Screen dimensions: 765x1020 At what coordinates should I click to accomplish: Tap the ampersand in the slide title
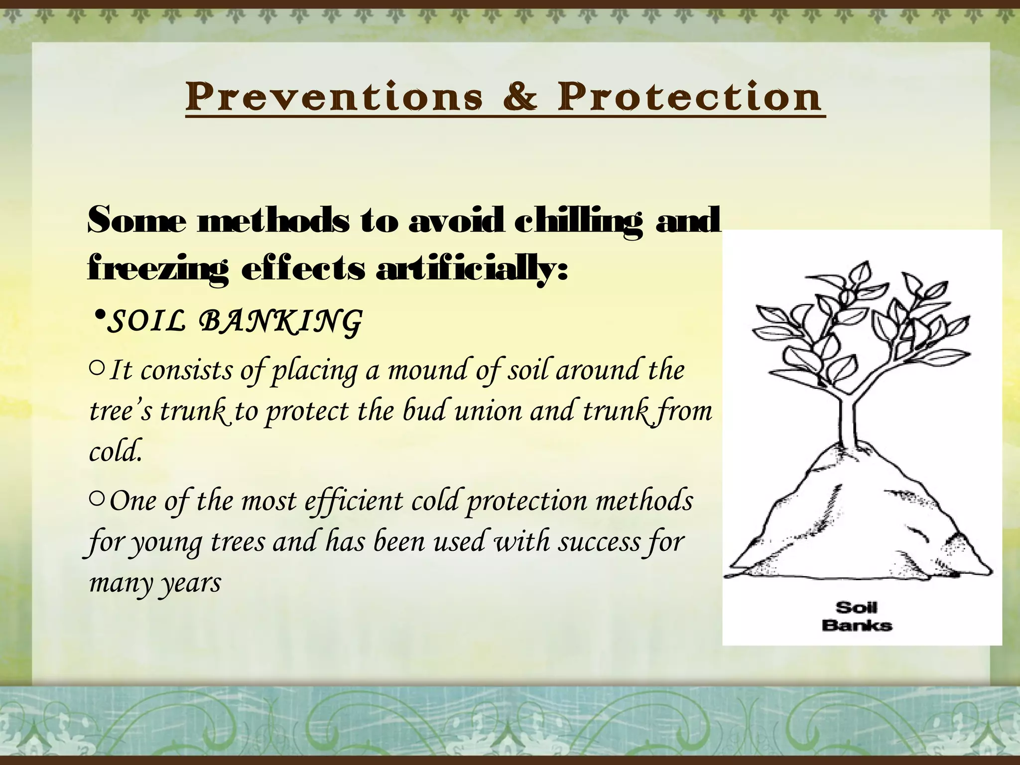coord(520,97)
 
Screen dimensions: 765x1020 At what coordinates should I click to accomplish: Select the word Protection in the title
coord(689,97)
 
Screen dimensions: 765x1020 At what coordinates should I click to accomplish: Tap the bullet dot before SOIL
coord(100,316)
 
